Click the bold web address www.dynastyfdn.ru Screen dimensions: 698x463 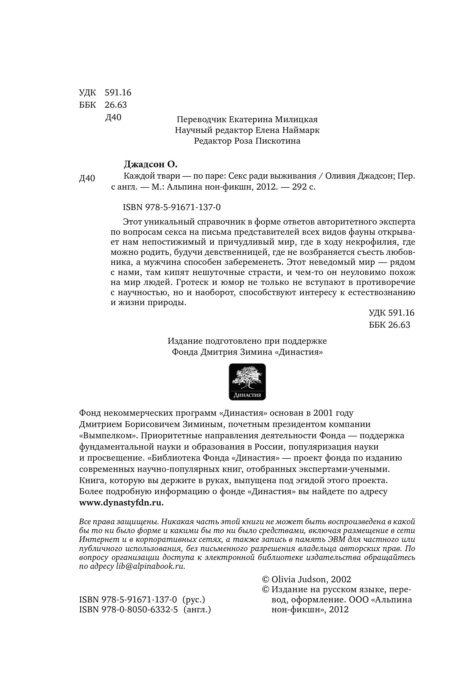click(x=121, y=503)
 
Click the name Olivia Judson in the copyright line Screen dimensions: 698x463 click(x=299, y=580)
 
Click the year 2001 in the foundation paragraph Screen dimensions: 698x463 click(x=321, y=413)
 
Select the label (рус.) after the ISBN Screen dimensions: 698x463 click(x=194, y=600)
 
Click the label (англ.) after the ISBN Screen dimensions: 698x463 click(x=197, y=610)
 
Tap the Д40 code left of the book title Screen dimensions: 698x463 click(x=87, y=178)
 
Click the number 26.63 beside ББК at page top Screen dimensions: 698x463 click(x=115, y=105)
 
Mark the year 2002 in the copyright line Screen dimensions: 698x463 click(x=341, y=580)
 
